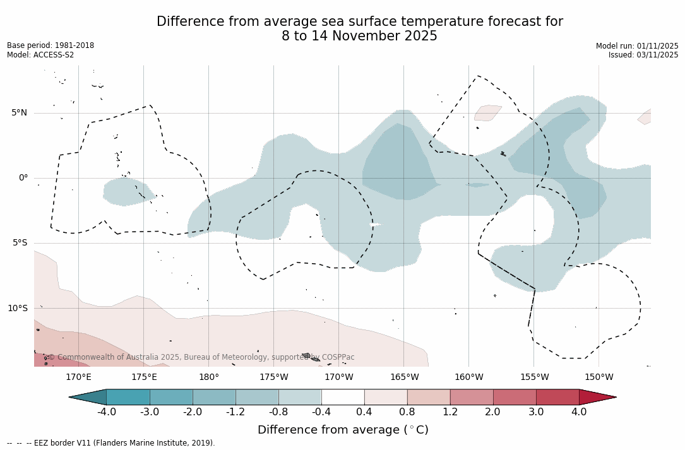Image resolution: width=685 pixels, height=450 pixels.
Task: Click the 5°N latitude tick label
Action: [x=19, y=113]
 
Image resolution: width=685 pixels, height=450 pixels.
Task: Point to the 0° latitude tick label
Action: [x=23, y=178]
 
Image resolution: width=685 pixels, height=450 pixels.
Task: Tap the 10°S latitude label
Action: [x=17, y=309]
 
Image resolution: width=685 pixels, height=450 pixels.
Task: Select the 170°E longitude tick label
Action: [x=78, y=377]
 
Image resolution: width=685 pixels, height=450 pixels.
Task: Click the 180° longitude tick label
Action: [x=209, y=377]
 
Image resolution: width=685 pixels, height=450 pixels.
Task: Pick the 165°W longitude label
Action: [x=404, y=377]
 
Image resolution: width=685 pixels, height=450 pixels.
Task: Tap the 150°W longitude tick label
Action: [x=599, y=377]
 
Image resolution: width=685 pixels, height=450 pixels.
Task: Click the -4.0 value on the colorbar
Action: [x=107, y=412]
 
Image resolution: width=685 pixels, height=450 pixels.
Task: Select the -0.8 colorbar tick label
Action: [x=278, y=412]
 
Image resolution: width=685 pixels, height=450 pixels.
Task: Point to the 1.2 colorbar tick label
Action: [x=450, y=412]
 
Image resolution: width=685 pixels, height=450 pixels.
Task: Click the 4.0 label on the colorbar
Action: [x=579, y=412]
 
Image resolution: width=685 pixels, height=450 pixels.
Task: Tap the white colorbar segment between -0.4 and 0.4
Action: [x=343, y=397]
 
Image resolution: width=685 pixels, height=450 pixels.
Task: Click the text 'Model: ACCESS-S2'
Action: [x=40, y=55]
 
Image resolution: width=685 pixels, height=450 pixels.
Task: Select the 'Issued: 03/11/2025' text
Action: [x=643, y=55]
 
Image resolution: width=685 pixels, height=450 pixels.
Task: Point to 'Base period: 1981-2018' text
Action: [x=51, y=45]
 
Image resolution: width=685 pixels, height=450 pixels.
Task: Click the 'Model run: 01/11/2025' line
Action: [x=637, y=46]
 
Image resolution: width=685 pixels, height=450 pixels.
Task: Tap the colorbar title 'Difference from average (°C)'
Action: [x=343, y=430]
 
